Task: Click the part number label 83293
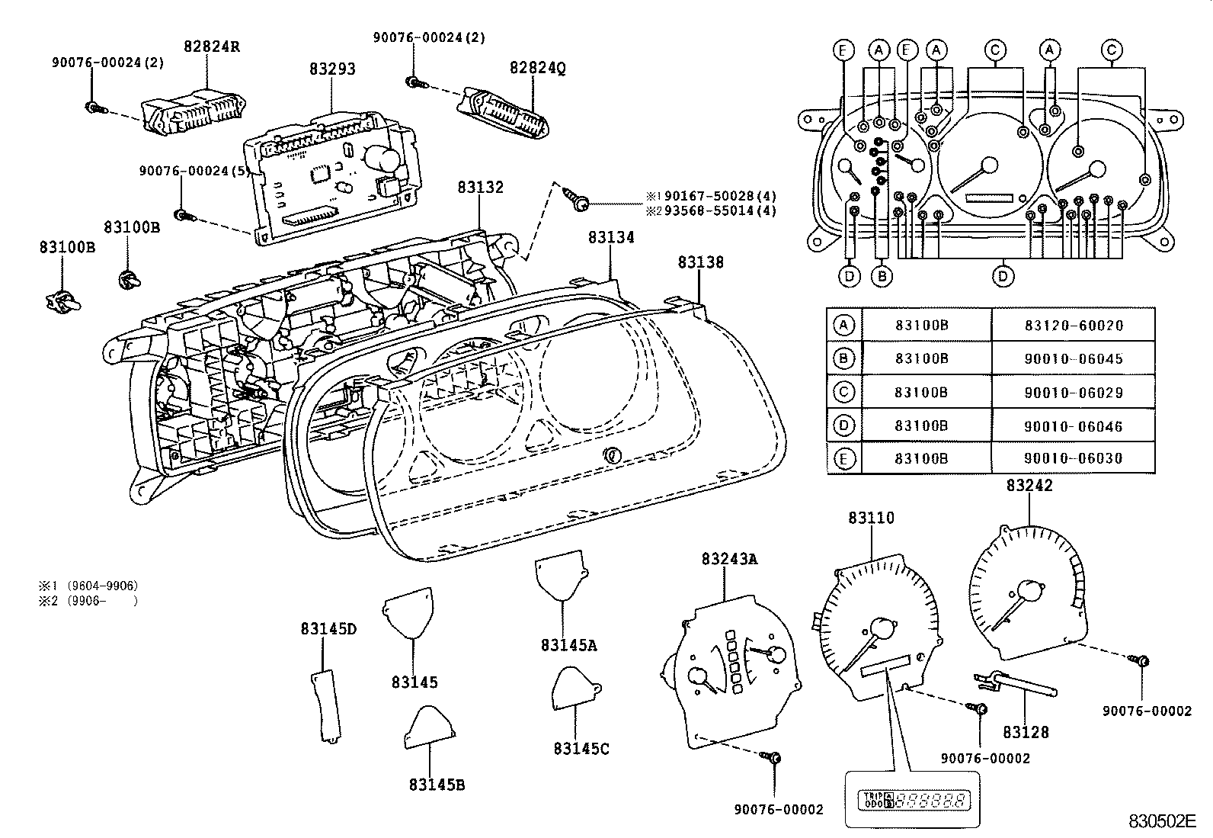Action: [x=332, y=69]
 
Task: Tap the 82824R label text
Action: [x=211, y=46]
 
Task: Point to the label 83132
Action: [x=480, y=187]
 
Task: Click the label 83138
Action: [x=700, y=262]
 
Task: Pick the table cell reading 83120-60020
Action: [x=1073, y=326]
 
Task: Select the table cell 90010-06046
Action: [x=1073, y=426]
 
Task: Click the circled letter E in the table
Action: [x=844, y=459]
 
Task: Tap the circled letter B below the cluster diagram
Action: [x=882, y=276]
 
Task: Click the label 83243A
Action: [x=729, y=559]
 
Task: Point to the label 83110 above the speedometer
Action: [x=871, y=518]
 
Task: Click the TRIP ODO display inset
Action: [x=912, y=801]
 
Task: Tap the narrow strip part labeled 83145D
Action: [x=325, y=704]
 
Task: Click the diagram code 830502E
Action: [x=1163, y=821]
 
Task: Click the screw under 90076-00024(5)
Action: [x=184, y=217]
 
